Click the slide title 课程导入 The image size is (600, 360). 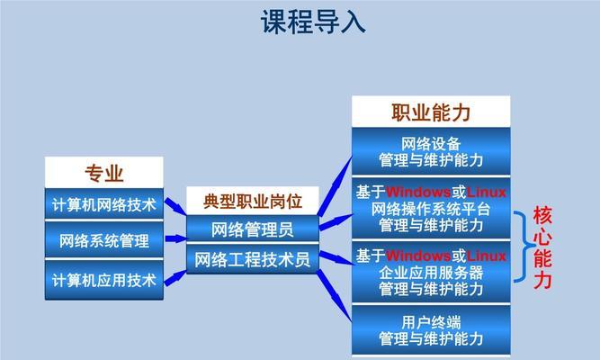313,22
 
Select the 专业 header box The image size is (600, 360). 104,172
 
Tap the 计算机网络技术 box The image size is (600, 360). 104,204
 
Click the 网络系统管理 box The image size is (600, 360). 104,240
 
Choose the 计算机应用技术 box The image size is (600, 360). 104,280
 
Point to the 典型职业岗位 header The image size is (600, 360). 253,201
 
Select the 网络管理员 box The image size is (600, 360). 253,229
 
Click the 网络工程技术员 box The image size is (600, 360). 253,259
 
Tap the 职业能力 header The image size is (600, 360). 431,112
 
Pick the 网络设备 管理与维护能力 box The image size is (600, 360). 431,152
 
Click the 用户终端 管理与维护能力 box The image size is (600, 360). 431,330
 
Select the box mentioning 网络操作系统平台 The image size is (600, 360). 431,208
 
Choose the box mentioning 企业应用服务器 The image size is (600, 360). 431,272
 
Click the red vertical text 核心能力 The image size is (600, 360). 542,247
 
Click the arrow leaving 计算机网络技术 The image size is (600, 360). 175,206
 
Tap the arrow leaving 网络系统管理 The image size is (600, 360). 176,238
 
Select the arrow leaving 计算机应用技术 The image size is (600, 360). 175,278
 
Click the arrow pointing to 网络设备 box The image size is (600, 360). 335,186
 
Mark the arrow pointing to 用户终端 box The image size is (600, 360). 335,295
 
